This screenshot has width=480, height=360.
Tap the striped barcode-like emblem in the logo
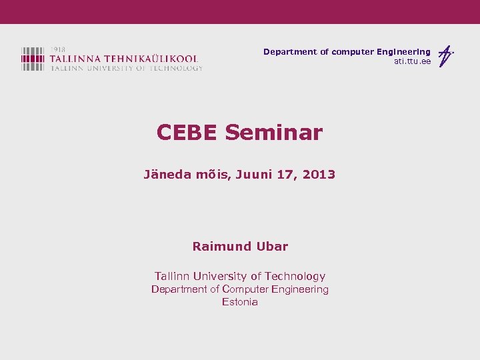(x=33, y=59)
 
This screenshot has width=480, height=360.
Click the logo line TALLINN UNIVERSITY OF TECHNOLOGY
(x=126, y=68)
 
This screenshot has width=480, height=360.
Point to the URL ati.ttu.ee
(x=412, y=61)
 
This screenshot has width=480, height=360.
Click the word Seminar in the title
(x=273, y=133)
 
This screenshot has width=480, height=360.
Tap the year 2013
(x=319, y=175)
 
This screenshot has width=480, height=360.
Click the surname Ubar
(x=273, y=246)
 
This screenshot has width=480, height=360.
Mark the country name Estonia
(x=240, y=302)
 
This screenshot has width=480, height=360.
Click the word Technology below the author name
(x=295, y=276)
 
